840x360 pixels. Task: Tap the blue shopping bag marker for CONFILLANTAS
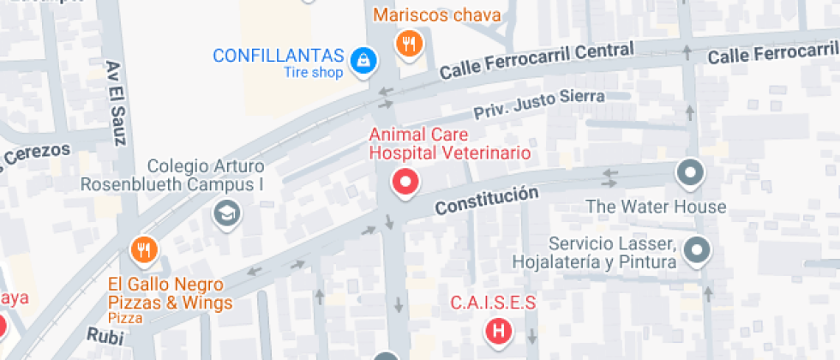(364, 59)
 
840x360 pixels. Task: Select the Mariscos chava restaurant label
(437, 15)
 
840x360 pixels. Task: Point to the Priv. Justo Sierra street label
(539, 105)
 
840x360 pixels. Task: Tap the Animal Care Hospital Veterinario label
(449, 143)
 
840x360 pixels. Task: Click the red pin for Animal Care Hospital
(405, 182)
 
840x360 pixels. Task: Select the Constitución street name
(486, 201)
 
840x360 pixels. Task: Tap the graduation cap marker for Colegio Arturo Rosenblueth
(227, 211)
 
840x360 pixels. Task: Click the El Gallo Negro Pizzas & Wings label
(170, 293)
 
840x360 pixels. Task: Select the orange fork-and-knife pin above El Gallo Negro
(143, 249)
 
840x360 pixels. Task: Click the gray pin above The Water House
(689, 173)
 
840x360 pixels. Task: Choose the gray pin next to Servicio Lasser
(699, 250)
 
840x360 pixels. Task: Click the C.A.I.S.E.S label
(493, 302)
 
